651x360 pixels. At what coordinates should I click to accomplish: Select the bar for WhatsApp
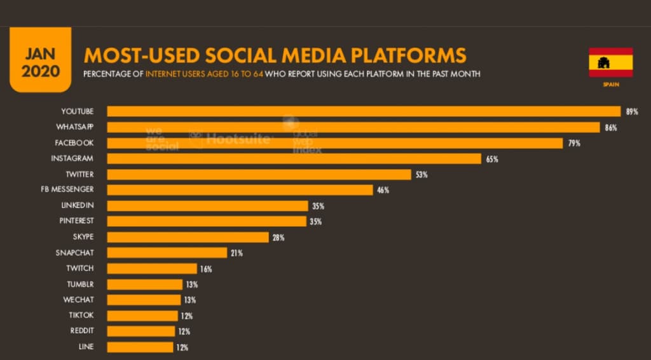pos(353,127)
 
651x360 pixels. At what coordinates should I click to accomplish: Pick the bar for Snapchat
pos(167,253)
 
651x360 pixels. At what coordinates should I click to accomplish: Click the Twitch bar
pos(152,268)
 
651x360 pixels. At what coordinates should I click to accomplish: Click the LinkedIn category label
pos(78,205)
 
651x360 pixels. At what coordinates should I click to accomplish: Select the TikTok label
pos(81,315)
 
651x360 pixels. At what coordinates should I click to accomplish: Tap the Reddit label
pos(82,331)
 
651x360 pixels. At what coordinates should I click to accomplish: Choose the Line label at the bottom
pos(86,347)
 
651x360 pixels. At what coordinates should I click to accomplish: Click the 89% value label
pos(631,112)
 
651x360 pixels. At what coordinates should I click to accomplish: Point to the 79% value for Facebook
pos(574,144)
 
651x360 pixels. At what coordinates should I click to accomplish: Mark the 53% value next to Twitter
pos(421,175)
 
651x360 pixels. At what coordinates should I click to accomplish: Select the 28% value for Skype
pos(278,238)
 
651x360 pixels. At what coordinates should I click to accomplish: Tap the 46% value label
pos(383,190)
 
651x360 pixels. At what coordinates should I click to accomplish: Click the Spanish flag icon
pos(610,62)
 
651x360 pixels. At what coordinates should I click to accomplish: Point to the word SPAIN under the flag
pos(610,84)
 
